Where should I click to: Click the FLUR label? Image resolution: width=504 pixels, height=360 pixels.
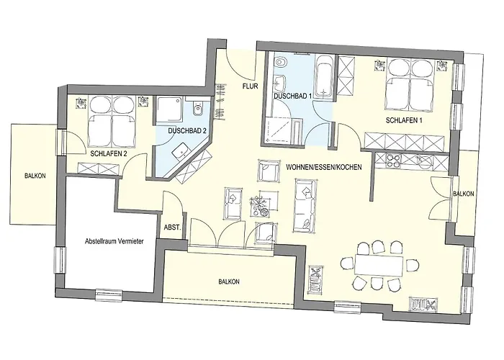click(x=250, y=86)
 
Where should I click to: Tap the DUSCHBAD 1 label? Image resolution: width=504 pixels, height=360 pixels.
click(x=292, y=96)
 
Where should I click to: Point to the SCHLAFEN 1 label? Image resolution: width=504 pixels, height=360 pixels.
click(x=404, y=120)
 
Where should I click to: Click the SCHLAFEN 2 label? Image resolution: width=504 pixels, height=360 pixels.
click(x=109, y=153)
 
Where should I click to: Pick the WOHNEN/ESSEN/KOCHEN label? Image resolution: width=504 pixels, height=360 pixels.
click(x=324, y=167)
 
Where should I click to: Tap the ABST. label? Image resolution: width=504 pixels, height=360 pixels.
click(x=173, y=228)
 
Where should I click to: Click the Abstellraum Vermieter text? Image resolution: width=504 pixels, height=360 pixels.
click(x=114, y=241)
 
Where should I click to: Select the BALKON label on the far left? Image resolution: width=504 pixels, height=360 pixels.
click(x=35, y=176)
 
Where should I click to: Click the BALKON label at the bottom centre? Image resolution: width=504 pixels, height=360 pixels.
click(x=229, y=282)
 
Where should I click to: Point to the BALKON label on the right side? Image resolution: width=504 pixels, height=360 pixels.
click(x=463, y=194)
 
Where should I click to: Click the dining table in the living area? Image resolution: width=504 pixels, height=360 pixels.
click(x=379, y=266)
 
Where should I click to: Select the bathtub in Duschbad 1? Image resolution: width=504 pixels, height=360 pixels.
click(x=325, y=76)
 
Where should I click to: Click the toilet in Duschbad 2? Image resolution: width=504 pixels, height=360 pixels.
click(x=197, y=109)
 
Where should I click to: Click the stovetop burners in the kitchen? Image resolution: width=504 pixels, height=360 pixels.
click(x=393, y=161)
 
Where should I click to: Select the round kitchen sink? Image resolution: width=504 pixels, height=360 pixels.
click(x=426, y=162)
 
